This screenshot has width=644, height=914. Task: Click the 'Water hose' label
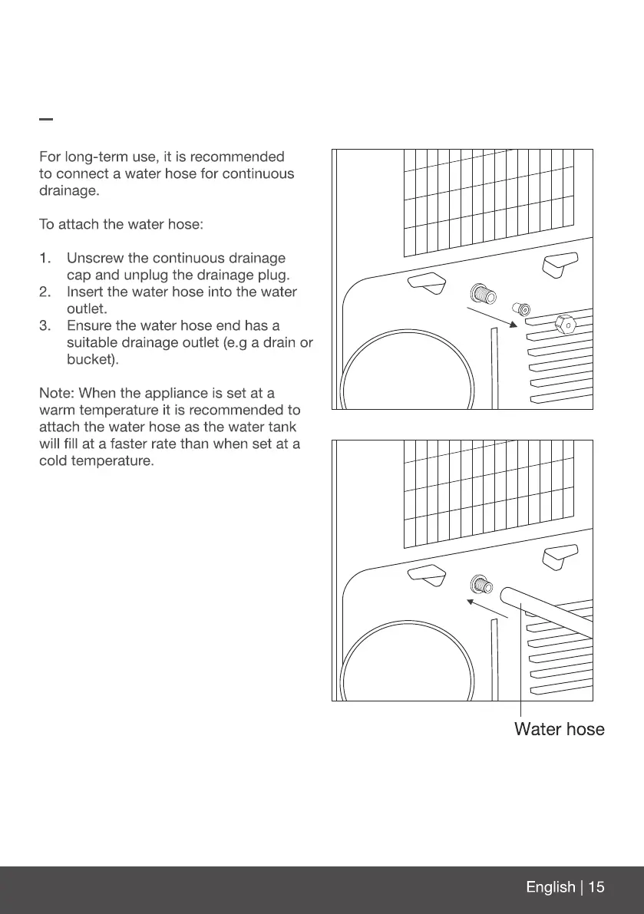tap(559, 729)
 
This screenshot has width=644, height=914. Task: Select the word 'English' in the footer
tap(550, 887)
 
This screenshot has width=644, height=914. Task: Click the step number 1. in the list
tap(47, 259)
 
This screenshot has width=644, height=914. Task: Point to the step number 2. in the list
tap(47, 292)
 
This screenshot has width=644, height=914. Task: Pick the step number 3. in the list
tap(47, 326)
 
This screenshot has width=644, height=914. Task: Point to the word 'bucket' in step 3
tap(88, 359)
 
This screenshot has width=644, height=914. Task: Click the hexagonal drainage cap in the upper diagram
tap(566, 324)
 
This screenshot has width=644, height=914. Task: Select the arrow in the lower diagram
tap(491, 610)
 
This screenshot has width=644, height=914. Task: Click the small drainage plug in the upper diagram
tap(523, 309)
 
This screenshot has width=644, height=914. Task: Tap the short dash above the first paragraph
tap(46, 120)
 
